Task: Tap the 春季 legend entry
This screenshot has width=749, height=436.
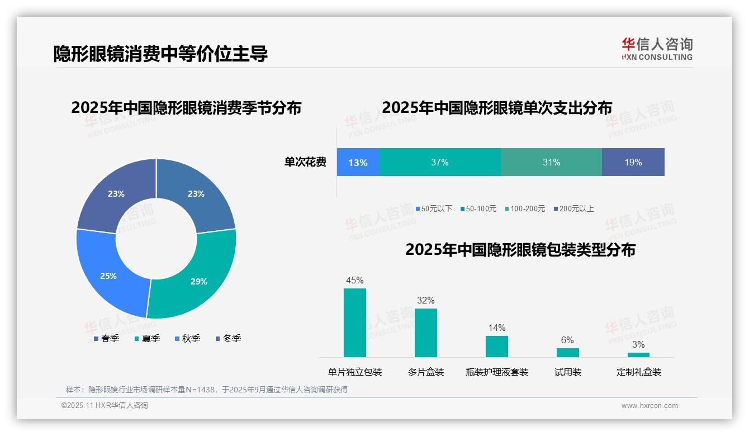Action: pyautogui.click(x=106, y=338)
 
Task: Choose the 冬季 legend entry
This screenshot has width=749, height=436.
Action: pyautogui.click(x=228, y=338)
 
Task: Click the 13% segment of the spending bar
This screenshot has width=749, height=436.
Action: pyautogui.click(x=358, y=163)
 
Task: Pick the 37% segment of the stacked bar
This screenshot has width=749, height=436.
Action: pyautogui.click(x=440, y=163)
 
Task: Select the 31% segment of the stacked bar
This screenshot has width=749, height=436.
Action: pyautogui.click(x=551, y=163)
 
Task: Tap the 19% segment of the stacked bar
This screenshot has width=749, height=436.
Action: pyautogui.click(x=633, y=163)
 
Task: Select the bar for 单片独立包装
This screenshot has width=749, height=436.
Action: pyautogui.click(x=355, y=323)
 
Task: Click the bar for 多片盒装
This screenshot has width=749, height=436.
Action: pyautogui.click(x=425, y=333)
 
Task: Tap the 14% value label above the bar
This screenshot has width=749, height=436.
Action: pyautogui.click(x=496, y=328)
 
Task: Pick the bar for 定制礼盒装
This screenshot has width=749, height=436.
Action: pyautogui.click(x=638, y=354)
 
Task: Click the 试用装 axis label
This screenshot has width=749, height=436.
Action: pyautogui.click(x=567, y=372)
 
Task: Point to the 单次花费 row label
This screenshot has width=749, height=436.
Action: pyautogui.click(x=305, y=163)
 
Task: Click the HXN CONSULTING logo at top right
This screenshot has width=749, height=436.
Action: pyautogui.click(x=657, y=49)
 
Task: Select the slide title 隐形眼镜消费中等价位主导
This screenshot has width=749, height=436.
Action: pyautogui.click(x=160, y=54)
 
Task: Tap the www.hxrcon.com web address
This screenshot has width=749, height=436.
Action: pyautogui.click(x=650, y=406)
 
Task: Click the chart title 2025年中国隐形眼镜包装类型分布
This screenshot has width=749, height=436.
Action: pyautogui.click(x=520, y=249)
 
